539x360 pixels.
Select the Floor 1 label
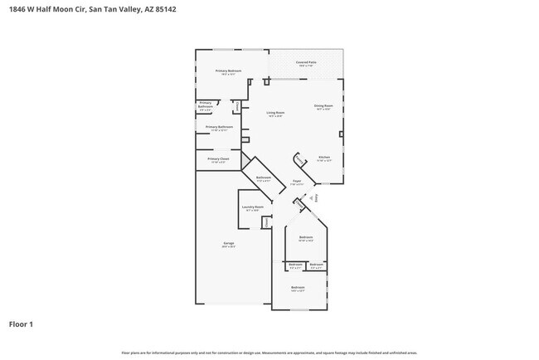[21, 324]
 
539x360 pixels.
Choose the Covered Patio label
[307, 62]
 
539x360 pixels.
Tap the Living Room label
[275, 113]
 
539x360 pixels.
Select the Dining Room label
[323, 105]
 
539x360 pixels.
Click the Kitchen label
[325, 158]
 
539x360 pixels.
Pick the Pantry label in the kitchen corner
[300, 161]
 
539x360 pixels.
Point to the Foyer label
[297, 182]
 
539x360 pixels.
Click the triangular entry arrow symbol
[311, 198]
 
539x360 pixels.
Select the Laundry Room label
[252, 207]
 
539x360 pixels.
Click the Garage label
[228, 243]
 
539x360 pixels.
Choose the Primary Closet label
[219, 158]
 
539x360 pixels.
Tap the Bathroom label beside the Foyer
[264, 178]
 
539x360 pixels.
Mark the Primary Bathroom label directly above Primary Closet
[219, 127]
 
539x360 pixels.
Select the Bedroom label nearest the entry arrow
[306, 238]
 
